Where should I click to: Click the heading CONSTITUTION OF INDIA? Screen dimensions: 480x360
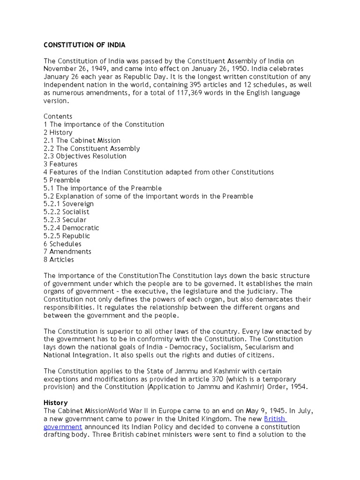point(84,45)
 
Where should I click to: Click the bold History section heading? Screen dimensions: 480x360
point(55,403)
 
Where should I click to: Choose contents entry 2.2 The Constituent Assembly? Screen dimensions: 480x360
point(91,149)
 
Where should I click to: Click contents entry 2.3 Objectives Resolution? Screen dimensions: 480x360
point(85,156)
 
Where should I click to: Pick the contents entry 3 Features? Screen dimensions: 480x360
point(60,164)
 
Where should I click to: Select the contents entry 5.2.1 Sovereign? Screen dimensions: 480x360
point(68,204)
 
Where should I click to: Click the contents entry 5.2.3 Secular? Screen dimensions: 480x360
point(65,220)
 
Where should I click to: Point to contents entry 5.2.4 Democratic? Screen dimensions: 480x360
point(71,228)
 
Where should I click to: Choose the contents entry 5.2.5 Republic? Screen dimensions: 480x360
point(67,236)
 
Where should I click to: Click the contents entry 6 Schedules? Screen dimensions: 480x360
point(62,244)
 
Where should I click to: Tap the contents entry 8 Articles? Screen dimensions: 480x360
point(59,260)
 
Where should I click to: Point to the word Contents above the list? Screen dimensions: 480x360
point(58,117)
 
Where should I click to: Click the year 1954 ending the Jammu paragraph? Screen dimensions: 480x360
point(300,387)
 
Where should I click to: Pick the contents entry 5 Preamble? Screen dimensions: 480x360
point(62,180)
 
